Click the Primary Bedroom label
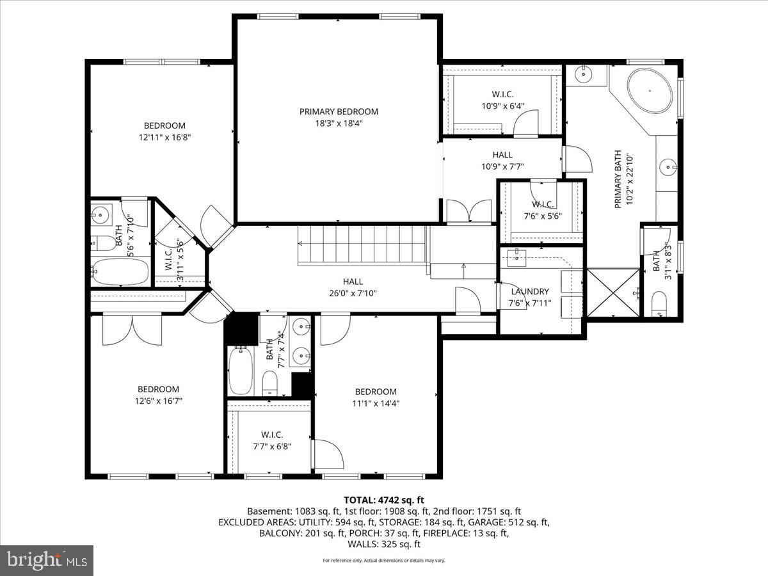click(x=339, y=111)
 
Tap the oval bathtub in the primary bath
click(x=650, y=92)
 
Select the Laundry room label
click(x=529, y=291)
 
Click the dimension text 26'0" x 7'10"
click(x=353, y=293)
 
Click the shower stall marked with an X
click(x=613, y=292)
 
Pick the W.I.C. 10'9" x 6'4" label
click(x=502, y=94)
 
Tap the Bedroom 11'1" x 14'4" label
click(x=376, y=392)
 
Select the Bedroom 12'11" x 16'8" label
click(x=164, y=125)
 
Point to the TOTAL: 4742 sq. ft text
click(x=384, y=500)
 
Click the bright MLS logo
click(x=47, y=561)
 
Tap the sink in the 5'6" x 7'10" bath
click(x=100, y=213)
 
